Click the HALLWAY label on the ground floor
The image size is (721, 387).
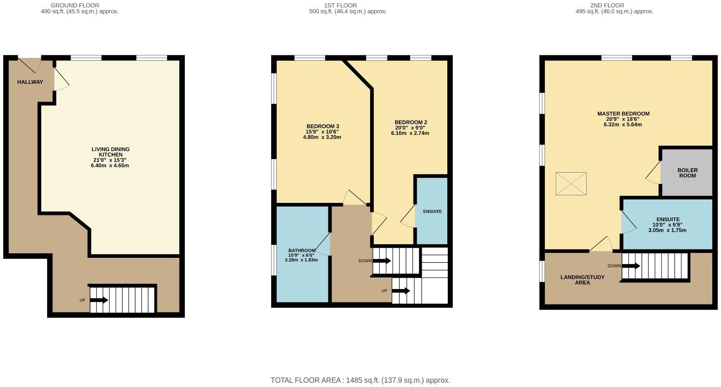(x=30, y=82)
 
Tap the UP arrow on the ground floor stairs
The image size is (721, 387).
(x=99, y=300)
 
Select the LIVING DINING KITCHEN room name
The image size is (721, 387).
(x=111, y=152)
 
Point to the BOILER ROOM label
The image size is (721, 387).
(x=687, y=173)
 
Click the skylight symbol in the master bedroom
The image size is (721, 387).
(x=571, y=184)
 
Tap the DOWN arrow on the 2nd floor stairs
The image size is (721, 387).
(x=631, y=266)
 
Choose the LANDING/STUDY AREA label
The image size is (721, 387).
(x=582, y=280)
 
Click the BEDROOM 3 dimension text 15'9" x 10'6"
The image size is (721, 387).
(x=322, y=132)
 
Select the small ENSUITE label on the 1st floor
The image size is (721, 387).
(x=432, y=212)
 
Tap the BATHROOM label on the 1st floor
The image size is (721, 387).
(x=302, y=250)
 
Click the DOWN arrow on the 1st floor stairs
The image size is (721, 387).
(x=382, y=261)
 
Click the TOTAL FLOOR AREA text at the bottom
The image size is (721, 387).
(x=360, y=380)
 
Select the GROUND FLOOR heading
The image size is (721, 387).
(x=75, y=5)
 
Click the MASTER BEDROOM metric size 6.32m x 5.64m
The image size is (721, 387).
(x=623, y=124)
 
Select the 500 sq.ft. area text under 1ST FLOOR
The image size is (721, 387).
(x=348, y=12)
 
